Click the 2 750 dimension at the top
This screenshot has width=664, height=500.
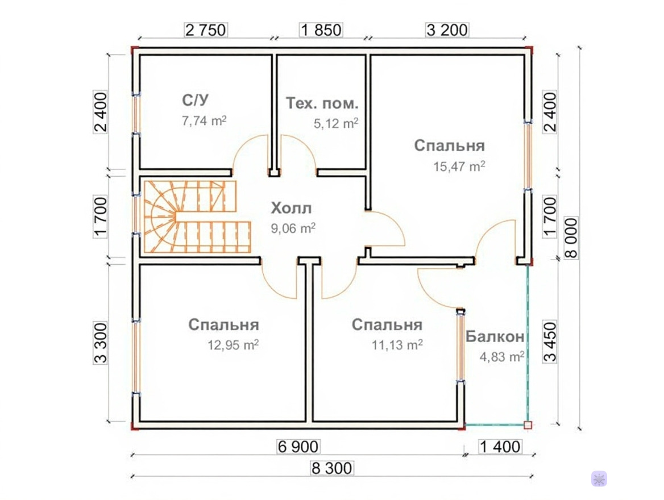(x=206, y=30)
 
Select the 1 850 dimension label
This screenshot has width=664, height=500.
(x=321, y=30)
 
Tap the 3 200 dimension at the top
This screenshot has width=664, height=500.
(x=447, y=30)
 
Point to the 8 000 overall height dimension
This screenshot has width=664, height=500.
(x=571, y=238)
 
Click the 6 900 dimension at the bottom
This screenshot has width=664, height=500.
(x=298, y=446)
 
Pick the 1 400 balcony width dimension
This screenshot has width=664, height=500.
(x=500, y=446)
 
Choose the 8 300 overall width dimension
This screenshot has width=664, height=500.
(x=331, y=468)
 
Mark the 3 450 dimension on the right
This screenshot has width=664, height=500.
(x=550, y=342)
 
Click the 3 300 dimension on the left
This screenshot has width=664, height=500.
(x=101, y=343)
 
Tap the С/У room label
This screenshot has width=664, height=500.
(x=195, y=101)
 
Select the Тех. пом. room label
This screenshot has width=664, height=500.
(x=322, y=103)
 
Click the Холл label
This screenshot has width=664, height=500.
(x=291, y=209)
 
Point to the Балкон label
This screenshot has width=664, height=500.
(x=495, y=336)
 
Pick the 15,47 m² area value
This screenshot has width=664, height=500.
(x=459, y=166)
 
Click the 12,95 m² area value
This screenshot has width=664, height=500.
(x=233, y=345)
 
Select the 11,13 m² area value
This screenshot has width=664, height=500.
(x=397, y=345)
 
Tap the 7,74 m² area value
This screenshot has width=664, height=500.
(x=204, y=121)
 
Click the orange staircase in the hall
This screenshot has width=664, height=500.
(x=198, y=217)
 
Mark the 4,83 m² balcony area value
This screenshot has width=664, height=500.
(x=502, y=356)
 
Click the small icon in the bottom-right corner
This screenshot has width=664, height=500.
(x=599, y=479)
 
